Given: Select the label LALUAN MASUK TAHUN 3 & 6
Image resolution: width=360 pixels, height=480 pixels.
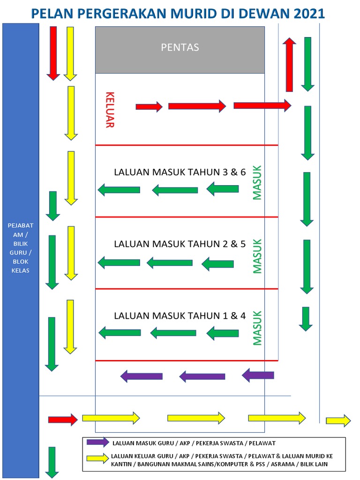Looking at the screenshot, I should coord(180,172).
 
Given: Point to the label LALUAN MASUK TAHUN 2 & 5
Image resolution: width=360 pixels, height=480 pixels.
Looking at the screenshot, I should coord(180,244).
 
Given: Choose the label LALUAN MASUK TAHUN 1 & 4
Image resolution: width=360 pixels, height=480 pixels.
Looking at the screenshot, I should coord(180,315).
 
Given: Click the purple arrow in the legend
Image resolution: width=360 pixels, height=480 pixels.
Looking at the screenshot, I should coord(97,442).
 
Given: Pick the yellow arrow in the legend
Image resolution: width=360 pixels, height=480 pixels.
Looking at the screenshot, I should coord(97,460).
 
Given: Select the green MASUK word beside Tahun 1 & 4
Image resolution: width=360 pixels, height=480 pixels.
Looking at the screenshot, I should coord(256,328).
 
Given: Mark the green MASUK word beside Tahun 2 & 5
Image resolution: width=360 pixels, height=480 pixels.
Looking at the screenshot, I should coord(256,256).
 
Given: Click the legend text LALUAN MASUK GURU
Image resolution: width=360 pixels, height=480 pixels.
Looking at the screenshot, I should coord(145,442).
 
